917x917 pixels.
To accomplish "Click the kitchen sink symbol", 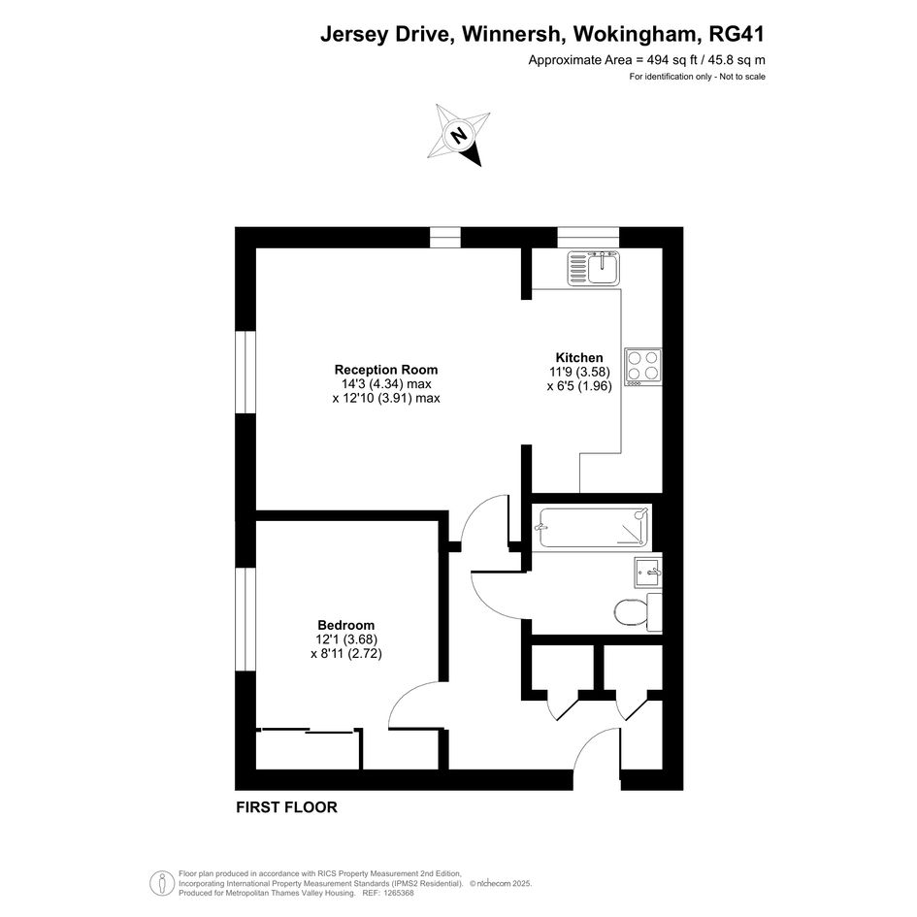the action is (x=593, y=269).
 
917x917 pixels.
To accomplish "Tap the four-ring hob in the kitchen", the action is (x=643, y=367).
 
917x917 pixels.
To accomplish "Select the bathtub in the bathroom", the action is (x=595, y=528).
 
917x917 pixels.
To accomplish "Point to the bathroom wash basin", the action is (x=648, y=572).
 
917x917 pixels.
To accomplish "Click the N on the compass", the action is (x=460, y=136).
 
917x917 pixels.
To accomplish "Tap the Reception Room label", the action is (x=386, y=370).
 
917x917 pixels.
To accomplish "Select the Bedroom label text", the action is (x=346, y=625).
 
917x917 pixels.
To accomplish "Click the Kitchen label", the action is (x=579, y=358).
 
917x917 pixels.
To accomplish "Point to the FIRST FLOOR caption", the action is (x=286, y=807).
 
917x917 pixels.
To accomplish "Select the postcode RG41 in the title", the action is (x=737, y=35).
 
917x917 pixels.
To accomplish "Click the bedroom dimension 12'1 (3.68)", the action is (x=346, y=639).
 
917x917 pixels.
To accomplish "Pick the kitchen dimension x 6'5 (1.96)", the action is (x=579, y=386).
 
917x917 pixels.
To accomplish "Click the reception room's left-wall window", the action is (x=246, y=373).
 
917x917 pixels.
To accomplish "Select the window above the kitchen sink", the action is (x=588, y=238).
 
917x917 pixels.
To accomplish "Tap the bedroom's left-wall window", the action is (x=246, y=619).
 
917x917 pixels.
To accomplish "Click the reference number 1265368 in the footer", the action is (x=397, y=893).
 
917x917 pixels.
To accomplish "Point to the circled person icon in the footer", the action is (x=162, y=883).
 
